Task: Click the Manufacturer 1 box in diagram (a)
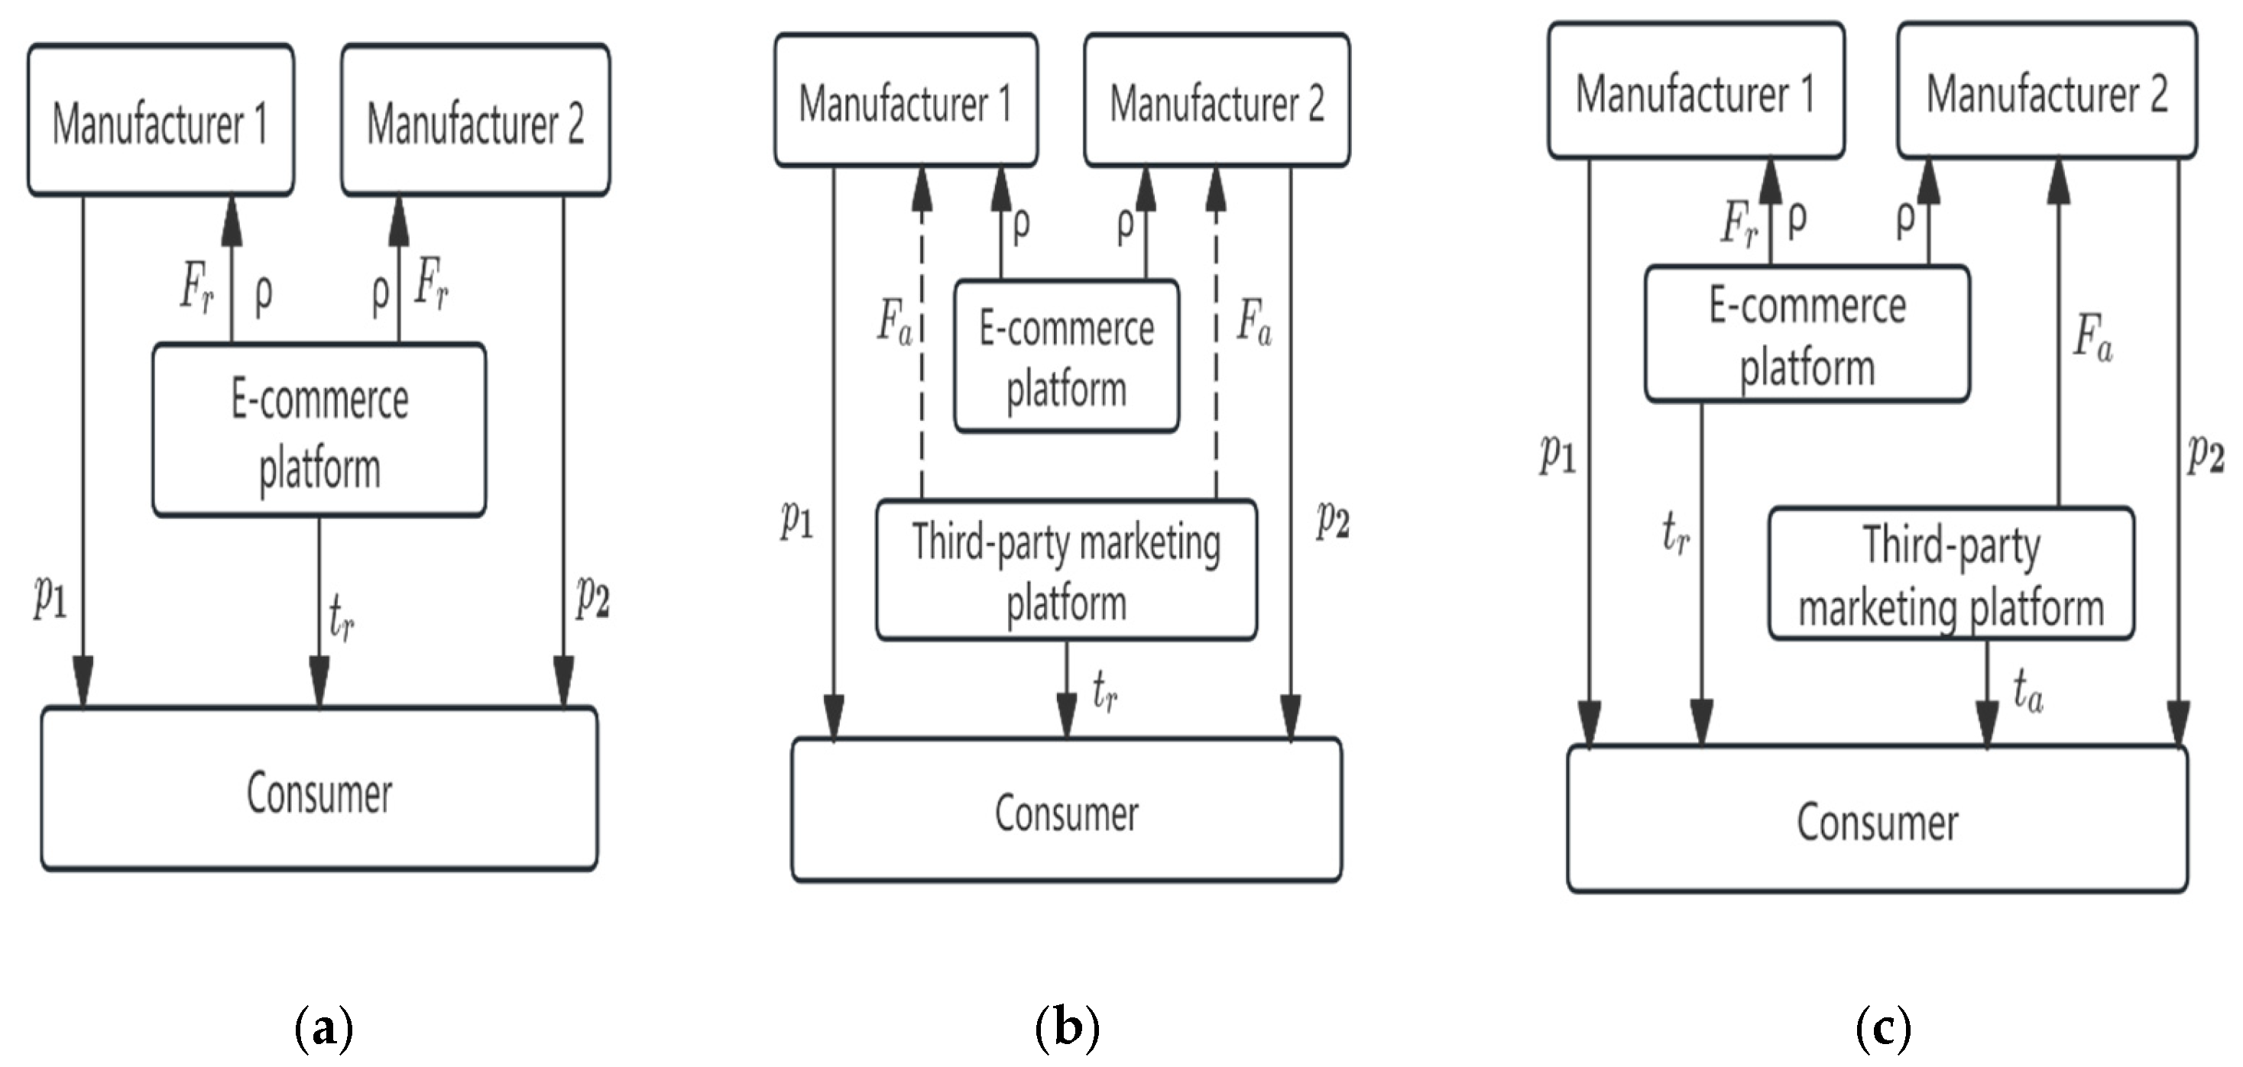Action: (x=160, y=120)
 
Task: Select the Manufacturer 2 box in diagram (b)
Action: (x=1217, y=100)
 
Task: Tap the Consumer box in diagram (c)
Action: (x=1876, y=819)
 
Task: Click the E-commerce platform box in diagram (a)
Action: (x=319, y=430)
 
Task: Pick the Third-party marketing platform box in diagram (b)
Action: (x=1066, y=570)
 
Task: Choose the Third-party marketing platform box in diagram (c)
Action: (x=1950, y=574)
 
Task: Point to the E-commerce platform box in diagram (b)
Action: (x=1066, y=356)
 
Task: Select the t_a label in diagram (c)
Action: (x=2027, y=694)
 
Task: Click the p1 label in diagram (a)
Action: (x=50, y=597)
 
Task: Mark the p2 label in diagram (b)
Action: (x=1332, y=519)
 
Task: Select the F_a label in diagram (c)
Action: (x=2092, y=338)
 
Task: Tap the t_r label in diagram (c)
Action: (x=1675, y=532)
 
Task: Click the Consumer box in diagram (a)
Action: (x=319, y=788)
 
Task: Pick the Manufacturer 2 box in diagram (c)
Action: (x=2047, y=91)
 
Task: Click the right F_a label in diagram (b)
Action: (x=1254, y=322)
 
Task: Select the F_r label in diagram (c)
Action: (x=1739, y=224)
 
